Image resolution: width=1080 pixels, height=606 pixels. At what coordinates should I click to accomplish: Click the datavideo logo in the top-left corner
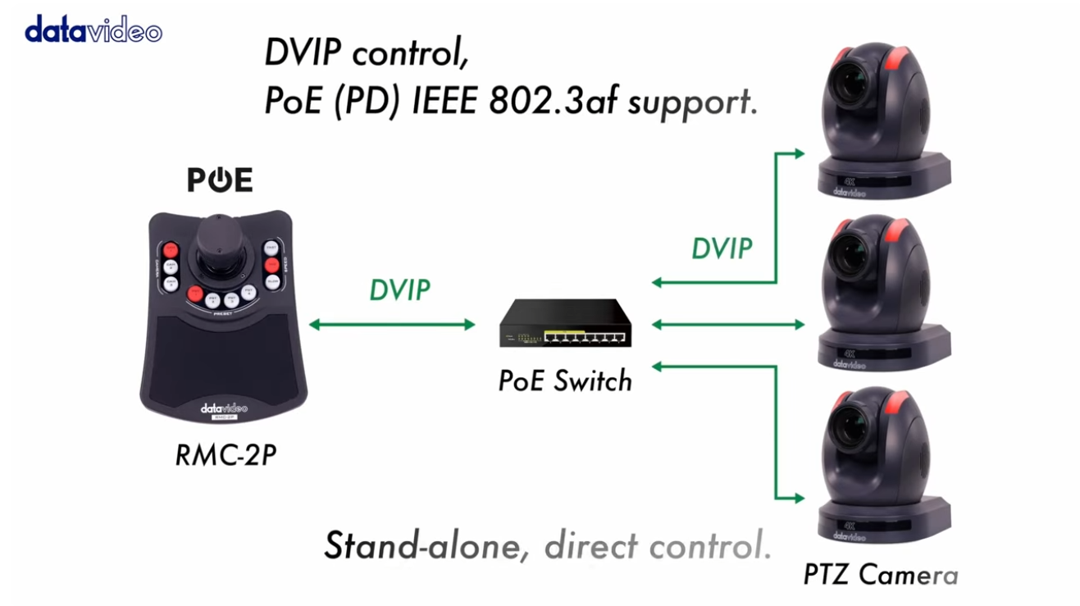[93, 30]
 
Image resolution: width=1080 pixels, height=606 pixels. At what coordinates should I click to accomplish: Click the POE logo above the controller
[220, 180]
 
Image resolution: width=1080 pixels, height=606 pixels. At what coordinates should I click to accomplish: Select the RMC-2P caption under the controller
[226, 455]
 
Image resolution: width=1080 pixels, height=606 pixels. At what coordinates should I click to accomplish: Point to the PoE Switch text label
[565, 380]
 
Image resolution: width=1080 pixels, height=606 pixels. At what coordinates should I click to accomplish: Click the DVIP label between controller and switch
[399, 289]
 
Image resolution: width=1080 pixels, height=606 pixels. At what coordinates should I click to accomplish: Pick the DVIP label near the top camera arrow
[722, 248]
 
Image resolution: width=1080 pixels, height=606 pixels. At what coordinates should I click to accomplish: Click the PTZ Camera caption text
[880, 574]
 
